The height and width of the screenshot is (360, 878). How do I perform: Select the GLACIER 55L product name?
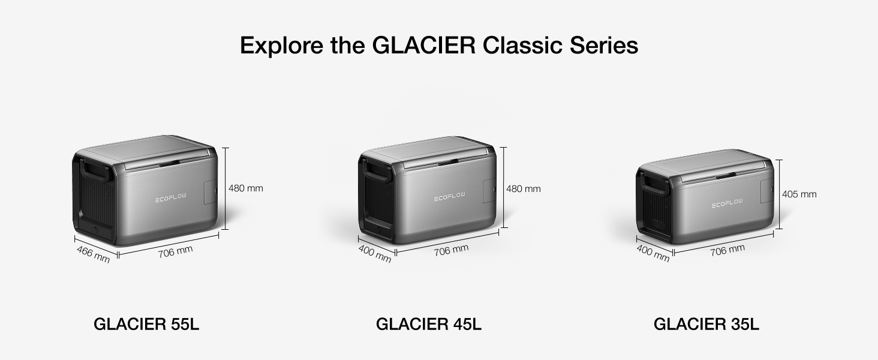(x=146, y=325)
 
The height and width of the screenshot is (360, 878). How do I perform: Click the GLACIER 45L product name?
(x=428, y=325)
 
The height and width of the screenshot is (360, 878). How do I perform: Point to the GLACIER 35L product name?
(x=706, y=325)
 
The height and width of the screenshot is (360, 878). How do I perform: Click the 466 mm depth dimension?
(x=94, y=254)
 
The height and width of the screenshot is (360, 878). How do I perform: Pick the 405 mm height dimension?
(x=799, y=194)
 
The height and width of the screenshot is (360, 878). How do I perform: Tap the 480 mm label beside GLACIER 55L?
(x=246, y=188)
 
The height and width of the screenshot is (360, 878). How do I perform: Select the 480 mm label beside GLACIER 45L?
(x=524, y=189)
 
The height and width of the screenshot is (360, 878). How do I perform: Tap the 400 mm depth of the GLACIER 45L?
(x=375, y=254)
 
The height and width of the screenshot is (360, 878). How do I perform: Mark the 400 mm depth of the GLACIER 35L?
(x=653, y=254)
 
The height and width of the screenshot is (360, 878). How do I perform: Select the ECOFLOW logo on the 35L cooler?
(x=727, y=204)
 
